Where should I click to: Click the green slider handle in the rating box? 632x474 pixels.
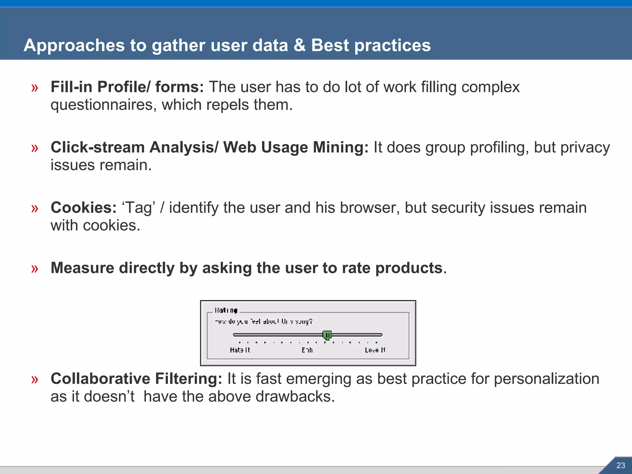click(327, 335)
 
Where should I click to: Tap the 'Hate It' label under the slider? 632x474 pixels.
click(240, 350)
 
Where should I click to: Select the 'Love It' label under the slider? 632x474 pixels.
click(375, 350)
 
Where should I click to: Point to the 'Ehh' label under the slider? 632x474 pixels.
click(307, 350)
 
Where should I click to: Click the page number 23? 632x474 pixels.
click(621, 465)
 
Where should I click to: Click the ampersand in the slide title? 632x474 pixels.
click(299, 45)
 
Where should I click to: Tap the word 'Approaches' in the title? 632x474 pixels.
click(74, 45)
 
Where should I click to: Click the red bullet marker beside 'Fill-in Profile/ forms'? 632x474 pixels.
click(35, 88)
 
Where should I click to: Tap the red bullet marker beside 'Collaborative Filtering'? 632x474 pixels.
click(35, 380)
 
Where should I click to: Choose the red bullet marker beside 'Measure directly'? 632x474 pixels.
click(35, 269)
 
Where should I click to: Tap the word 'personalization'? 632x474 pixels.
click(547, 379)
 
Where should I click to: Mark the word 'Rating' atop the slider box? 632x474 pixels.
click(226, 310)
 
